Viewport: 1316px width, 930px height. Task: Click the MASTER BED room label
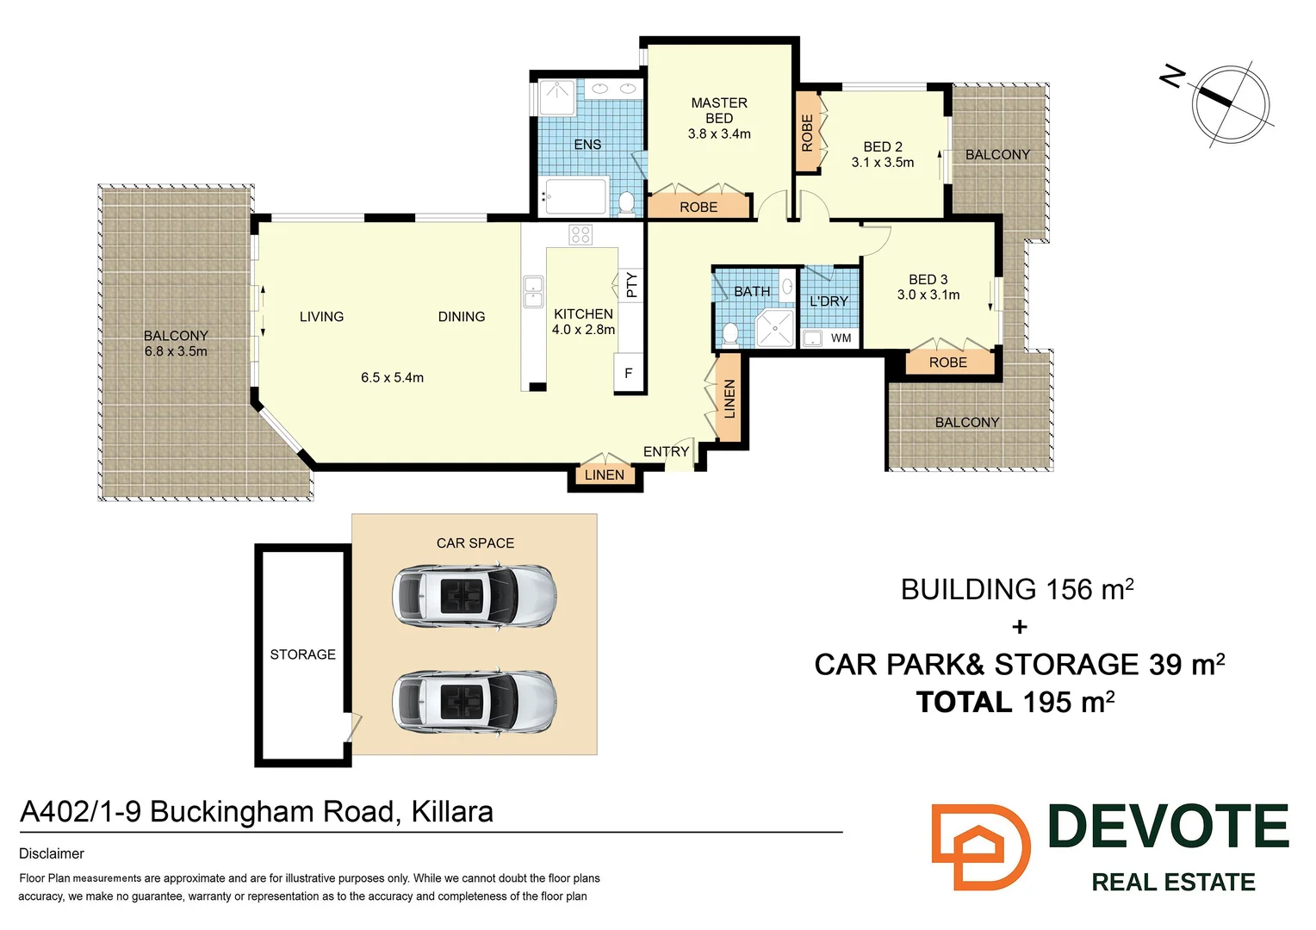719,110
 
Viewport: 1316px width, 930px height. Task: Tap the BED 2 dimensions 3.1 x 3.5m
883,163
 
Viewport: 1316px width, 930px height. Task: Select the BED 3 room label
928,280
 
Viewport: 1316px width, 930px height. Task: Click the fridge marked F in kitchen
629,374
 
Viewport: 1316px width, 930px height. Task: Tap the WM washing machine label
841,338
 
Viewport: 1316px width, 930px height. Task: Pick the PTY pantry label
632,284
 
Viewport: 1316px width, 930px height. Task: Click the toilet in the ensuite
627,203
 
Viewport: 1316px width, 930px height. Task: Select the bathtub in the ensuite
574,196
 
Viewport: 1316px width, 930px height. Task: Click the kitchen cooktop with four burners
580,234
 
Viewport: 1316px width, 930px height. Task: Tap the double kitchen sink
533,292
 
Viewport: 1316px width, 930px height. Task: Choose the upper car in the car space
474,595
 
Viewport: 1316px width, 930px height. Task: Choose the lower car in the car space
474,702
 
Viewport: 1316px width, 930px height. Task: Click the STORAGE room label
303,654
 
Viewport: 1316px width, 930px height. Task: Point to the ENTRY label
666,452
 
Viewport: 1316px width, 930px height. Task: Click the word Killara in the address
452,812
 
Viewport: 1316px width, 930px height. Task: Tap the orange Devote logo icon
980,846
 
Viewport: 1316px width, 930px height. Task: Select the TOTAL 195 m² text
1015,703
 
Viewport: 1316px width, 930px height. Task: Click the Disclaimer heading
52,854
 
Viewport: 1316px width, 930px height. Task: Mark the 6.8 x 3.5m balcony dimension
176,352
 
